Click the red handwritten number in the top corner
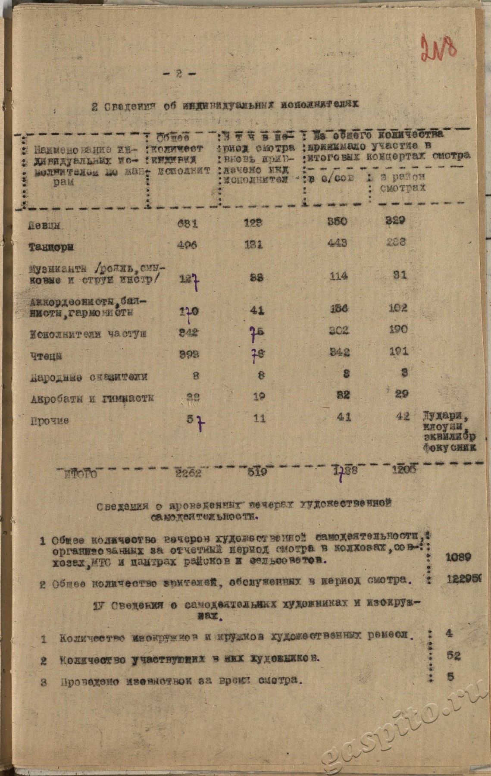point(438,49)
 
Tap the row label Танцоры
point(50,247)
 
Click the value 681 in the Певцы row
point(188,223)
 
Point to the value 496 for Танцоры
point(187,245)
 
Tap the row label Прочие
point(49,420)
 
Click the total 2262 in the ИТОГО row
point(188,472)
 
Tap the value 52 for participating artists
point(453,656)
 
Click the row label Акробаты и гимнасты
point(92,398)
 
